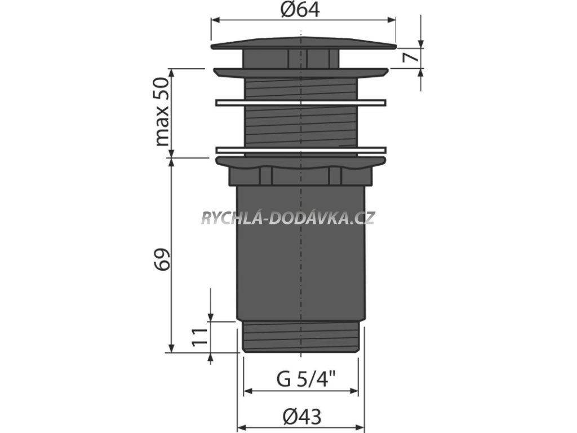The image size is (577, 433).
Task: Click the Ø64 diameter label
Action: tap(300, 10)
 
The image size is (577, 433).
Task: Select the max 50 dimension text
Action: tap(162, 112)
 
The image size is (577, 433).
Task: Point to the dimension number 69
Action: tap(162, 259)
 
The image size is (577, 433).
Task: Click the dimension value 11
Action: tap(200, 337)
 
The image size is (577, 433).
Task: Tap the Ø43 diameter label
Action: tap(302, 417)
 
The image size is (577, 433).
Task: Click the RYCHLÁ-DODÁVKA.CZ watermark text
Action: tap(288, 218)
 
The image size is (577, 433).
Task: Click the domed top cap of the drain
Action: tap(304, 43)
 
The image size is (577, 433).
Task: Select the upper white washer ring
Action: tap(301, 103)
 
